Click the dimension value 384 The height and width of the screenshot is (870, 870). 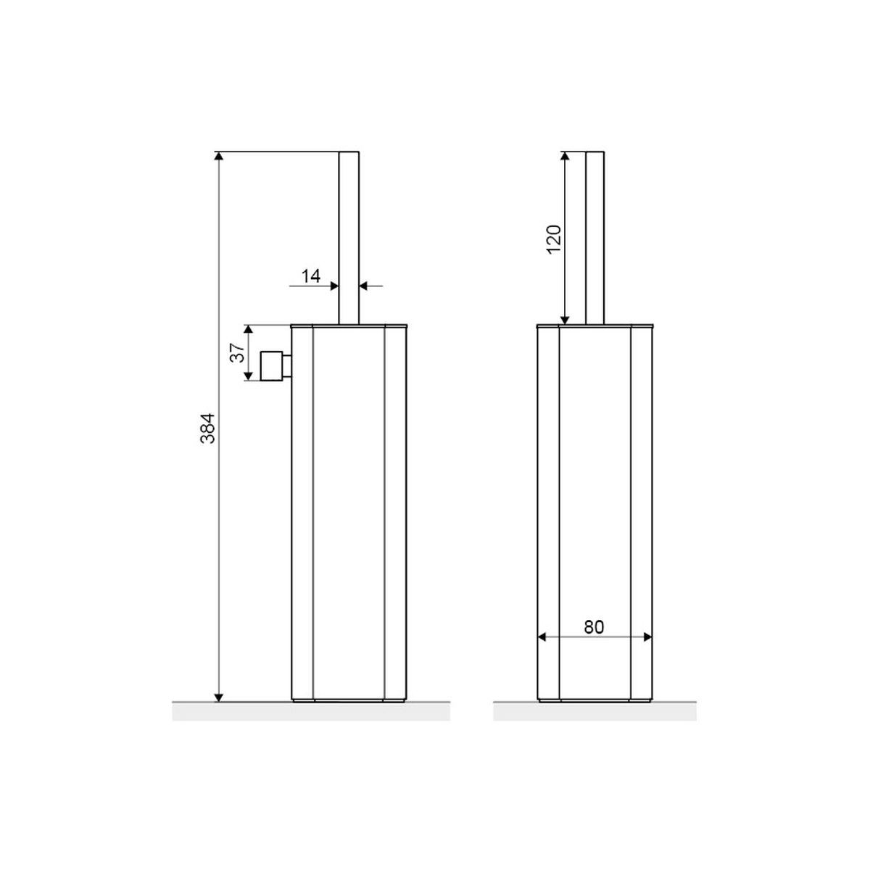(x=208, y=428)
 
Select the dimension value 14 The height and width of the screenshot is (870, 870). (x=310, y=275)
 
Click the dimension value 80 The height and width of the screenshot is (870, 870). (x=594, y=627)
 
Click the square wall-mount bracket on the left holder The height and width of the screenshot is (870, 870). (x=274, y=366)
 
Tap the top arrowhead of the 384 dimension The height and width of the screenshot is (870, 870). (x=218, y=156)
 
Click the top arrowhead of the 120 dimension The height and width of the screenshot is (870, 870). (x=565, y=156)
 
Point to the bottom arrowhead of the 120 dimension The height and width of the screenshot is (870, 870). (x=565, y=320)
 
